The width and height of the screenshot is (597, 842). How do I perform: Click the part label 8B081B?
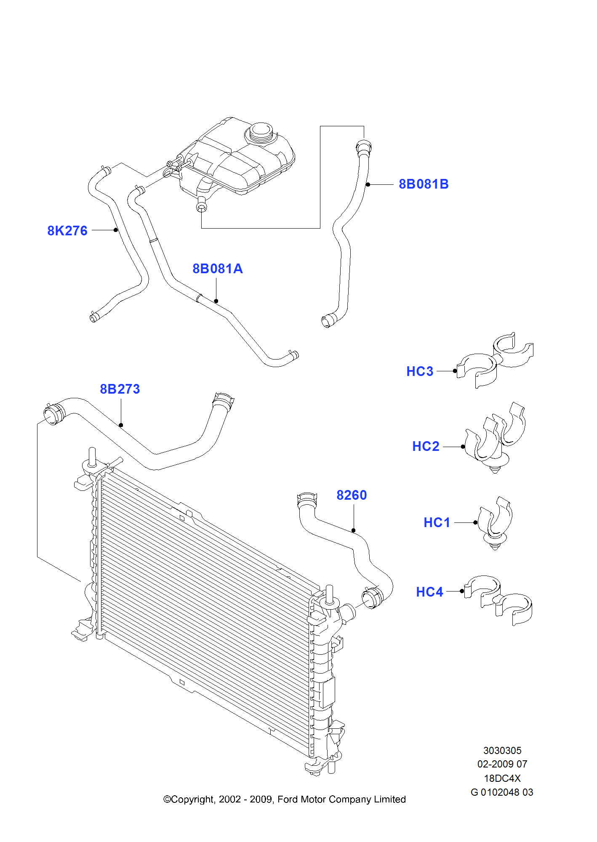point(424,184)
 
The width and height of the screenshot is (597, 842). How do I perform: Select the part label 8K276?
point(67,231)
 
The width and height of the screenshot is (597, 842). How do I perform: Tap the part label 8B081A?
point(217,269)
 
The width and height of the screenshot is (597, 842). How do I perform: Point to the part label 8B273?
point(120,389)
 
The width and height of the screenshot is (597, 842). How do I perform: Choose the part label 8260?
point(352,495)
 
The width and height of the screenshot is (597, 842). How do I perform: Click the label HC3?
point(420,371)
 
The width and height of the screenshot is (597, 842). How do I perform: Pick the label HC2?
point(426,446)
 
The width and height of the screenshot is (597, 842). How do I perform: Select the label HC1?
point(437,522)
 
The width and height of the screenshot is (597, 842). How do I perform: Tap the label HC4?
point(429,592)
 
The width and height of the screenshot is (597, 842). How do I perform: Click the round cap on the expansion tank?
point(261,132)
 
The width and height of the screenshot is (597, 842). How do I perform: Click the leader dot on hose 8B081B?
point(368,184)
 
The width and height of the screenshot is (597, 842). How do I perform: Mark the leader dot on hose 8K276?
point(116,230)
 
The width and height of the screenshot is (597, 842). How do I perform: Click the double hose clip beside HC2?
point(496,440)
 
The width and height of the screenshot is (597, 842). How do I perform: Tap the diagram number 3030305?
point(502,751)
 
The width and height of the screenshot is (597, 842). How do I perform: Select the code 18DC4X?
point(502,778)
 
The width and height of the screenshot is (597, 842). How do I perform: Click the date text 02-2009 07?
point(502,764)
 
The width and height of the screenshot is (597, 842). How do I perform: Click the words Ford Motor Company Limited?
point(341,799)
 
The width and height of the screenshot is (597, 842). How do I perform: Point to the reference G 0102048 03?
point(502,792)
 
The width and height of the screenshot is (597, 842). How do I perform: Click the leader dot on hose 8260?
point(354,530)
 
